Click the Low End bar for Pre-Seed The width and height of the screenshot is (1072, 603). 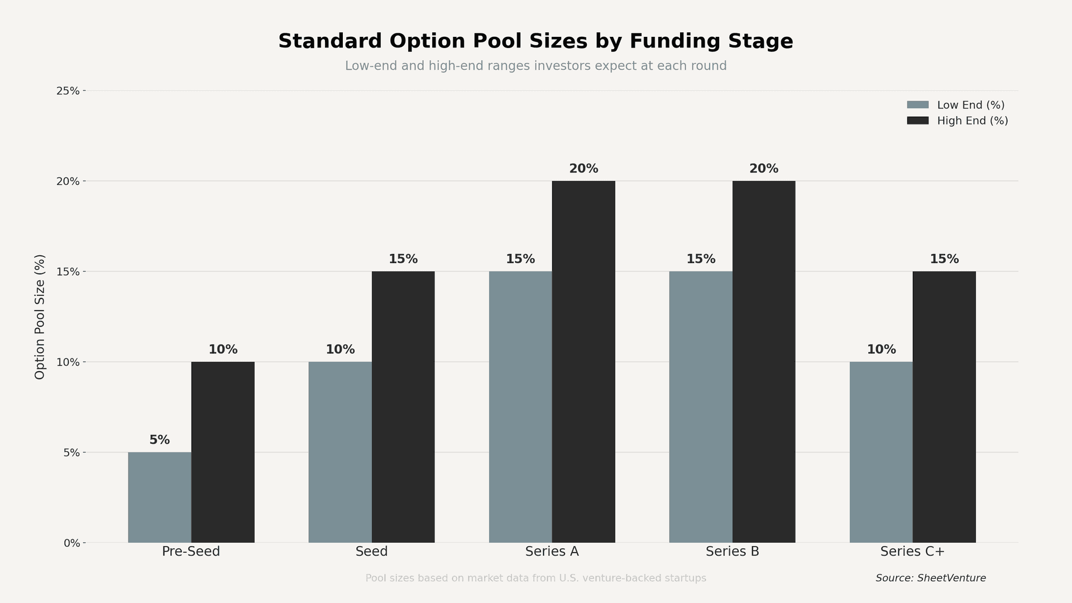click(x=160, y=497)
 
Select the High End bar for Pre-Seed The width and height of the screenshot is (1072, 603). click(x=223, y=452)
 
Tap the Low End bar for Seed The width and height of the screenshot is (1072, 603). click(x=340, y=452)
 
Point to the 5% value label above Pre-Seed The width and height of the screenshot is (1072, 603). click(x=160, y=440)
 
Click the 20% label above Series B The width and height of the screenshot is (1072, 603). click(x=764, y=169)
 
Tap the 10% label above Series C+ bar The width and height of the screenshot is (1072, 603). click(x=881, y=350)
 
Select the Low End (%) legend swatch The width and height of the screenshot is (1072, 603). click(x=917, y=105)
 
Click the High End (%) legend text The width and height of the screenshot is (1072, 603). click(x=973, y=121)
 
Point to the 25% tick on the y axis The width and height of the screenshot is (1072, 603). click(x=68, y=91)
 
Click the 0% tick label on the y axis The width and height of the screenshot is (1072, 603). click(x=71, y=543)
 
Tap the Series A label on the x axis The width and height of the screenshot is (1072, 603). click(x=552, y=552)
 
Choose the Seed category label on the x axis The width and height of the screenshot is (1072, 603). click(x=371, y=552)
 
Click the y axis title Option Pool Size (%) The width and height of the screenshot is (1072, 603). click(x=40, y=317)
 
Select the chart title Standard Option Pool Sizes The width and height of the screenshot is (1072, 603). click(x=535, y=41)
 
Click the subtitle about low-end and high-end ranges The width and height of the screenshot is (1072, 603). click(x=535, y=66)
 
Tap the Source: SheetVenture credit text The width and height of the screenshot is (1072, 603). click(x=931, y=578)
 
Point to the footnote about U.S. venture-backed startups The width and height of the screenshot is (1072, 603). click(x=535, y=578)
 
